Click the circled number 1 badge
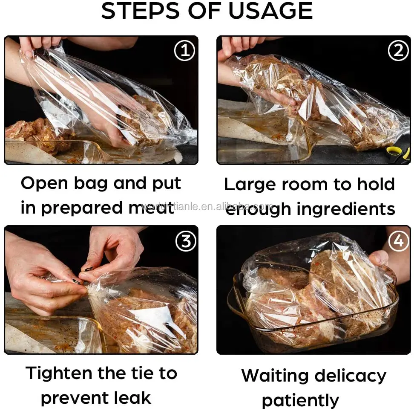(x=184, y=51)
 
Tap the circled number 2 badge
(x=398, y=51)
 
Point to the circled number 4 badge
(x=398, y=241)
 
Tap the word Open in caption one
(x=44, y=183)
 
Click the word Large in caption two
(x=248, y=184)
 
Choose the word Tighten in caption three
(x=59, y=373)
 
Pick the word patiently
(x=300, y=400)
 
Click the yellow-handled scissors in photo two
(x=400, y=154)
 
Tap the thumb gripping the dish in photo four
(x=379, y=258)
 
